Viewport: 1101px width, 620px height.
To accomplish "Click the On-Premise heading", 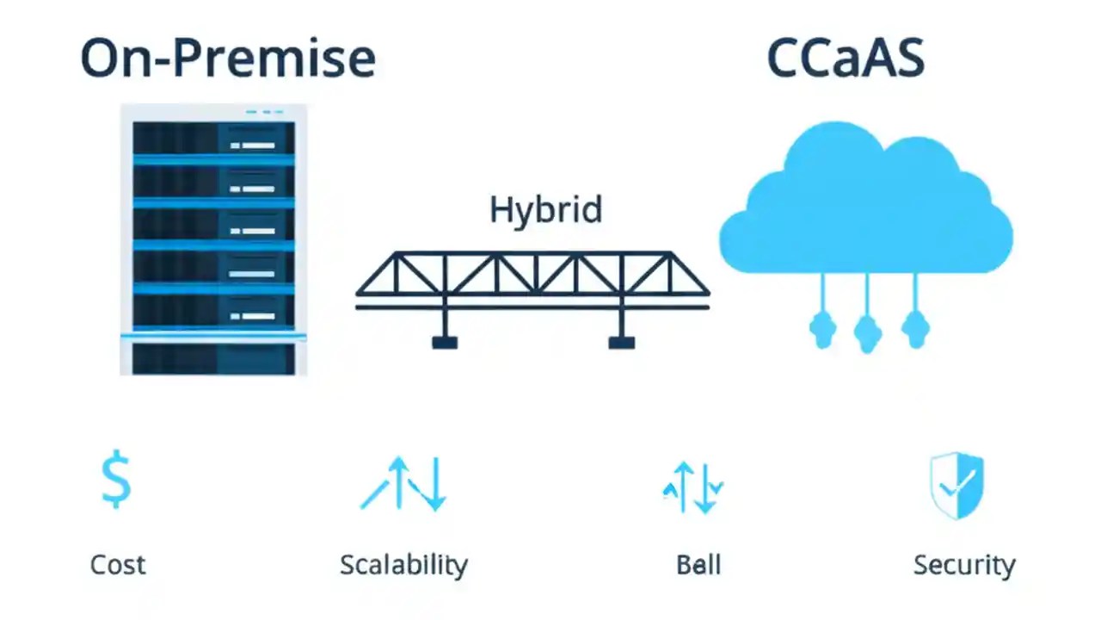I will [228, 59].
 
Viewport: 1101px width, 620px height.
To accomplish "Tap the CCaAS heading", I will [845, 59].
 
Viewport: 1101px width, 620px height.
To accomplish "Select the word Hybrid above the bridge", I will [545, 210].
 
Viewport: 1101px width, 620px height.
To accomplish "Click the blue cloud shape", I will [864, 207].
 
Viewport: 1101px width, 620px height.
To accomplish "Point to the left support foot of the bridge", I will [445, 341].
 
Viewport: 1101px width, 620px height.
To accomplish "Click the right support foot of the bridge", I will [621, 341].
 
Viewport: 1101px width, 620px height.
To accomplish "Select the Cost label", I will [118, 565].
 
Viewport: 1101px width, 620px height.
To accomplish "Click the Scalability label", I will [403, 565].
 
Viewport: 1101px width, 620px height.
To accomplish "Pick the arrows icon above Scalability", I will [404, 484].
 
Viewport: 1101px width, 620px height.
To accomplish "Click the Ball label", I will [698, 565].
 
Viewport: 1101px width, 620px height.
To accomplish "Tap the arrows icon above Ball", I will [693, 487].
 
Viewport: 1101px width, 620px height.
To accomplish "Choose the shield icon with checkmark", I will [956, 487].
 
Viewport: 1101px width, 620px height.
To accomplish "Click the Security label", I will [963, 565].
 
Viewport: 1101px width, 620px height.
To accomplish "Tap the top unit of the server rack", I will [213, 138].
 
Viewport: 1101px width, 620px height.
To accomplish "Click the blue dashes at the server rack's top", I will [265, 112].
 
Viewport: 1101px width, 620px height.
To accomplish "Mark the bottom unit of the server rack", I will [213, 358].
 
